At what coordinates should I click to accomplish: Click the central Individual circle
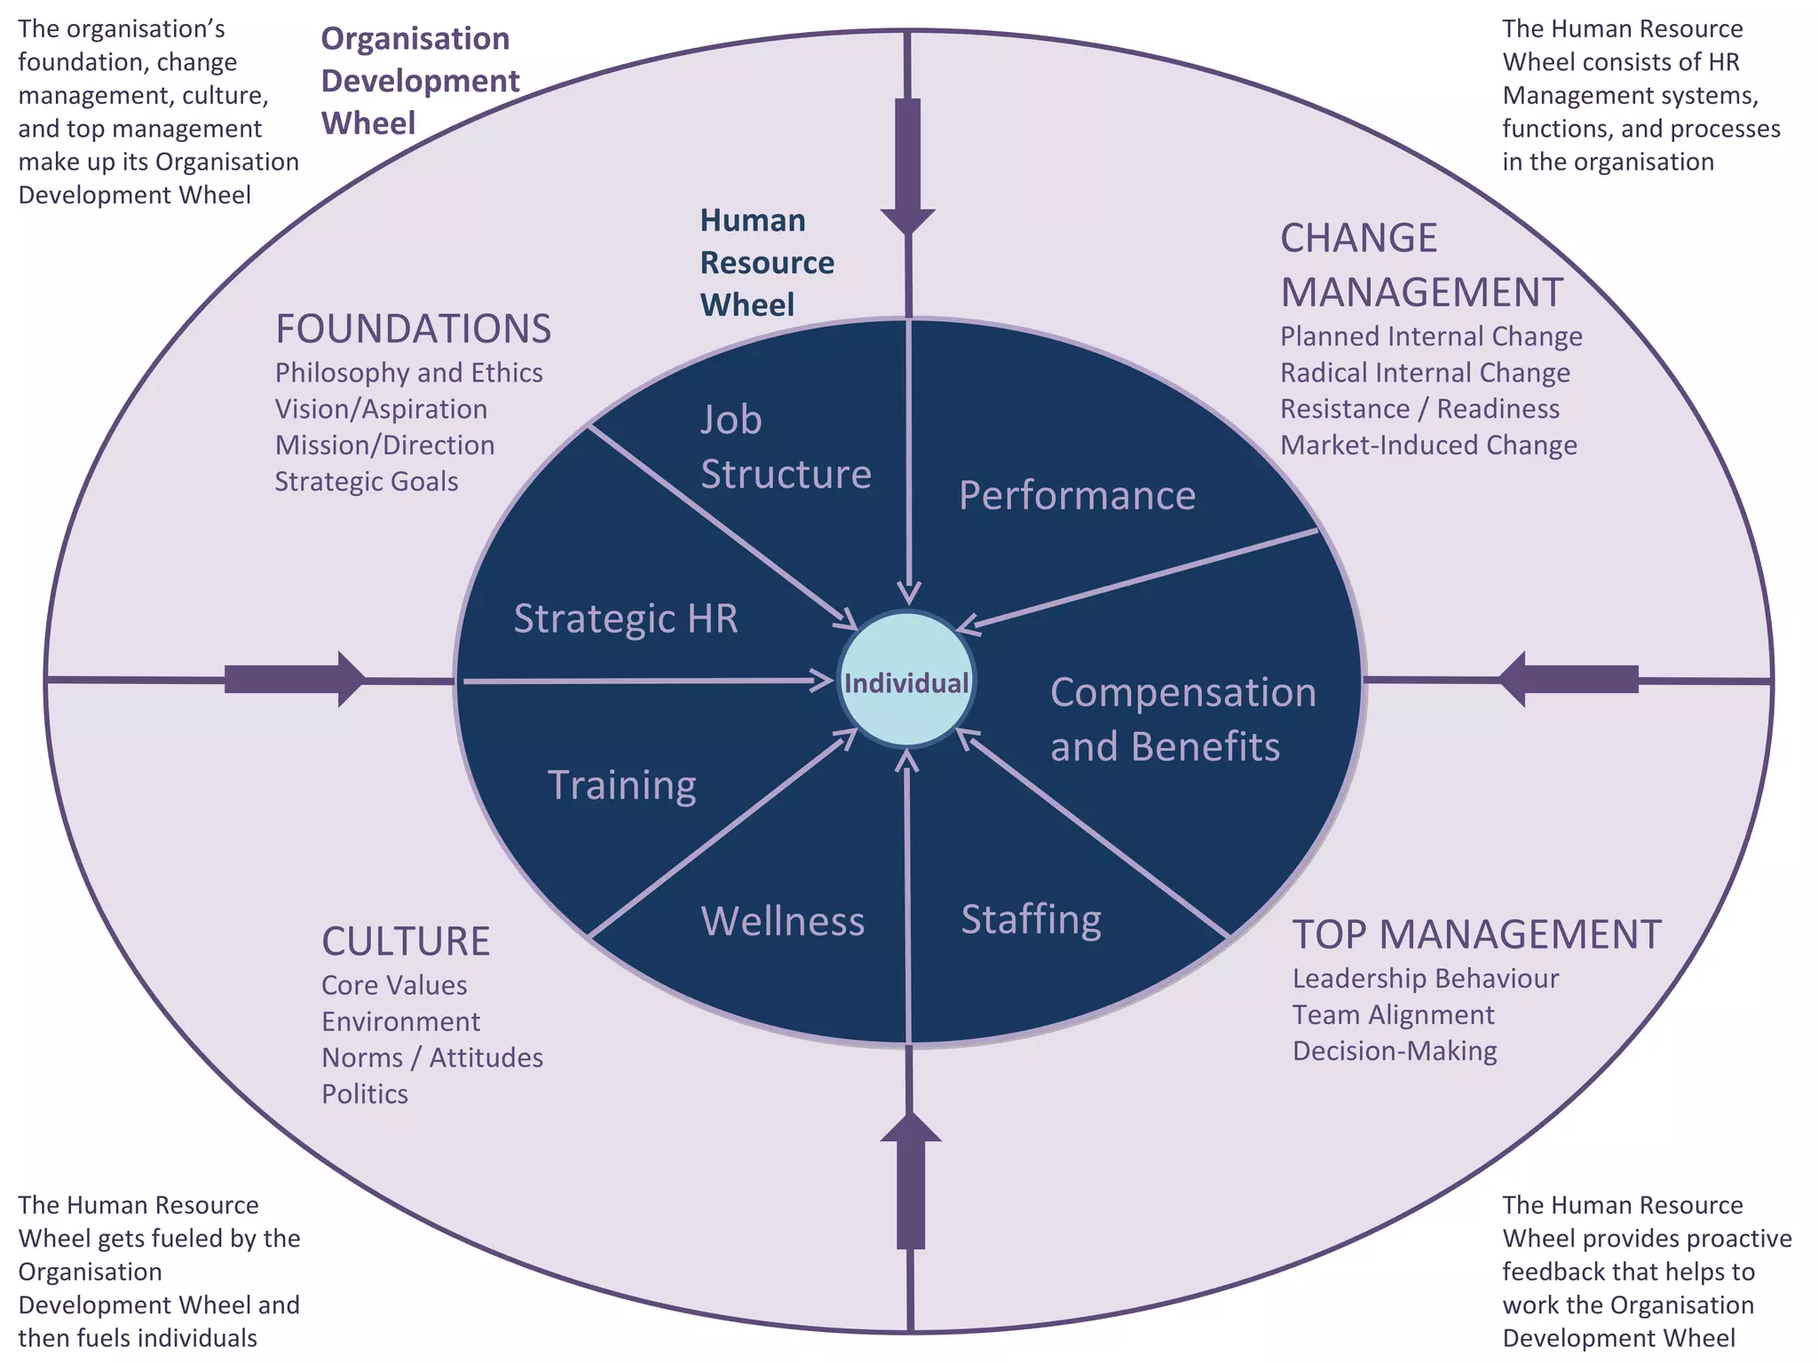(906, 681)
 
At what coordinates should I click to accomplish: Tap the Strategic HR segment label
(626, 618)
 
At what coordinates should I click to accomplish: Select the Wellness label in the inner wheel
(783, 921)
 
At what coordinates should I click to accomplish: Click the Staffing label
(1031, 919)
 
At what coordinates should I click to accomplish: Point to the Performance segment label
(1077, 495)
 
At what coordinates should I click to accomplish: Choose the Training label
(622, 785)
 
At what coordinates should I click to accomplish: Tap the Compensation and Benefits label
(1182, 719)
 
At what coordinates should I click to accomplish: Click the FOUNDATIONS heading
(413, 329)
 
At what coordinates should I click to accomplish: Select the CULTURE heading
(406, 941)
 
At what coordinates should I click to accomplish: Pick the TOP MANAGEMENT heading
(1476, 934)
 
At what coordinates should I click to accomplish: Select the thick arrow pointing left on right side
(1568, 679)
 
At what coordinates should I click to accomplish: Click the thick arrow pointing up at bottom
(910, 1180)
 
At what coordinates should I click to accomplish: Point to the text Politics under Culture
(365, 1094)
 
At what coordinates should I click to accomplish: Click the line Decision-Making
(1394, 1052)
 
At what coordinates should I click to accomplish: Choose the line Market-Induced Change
(1428, 445)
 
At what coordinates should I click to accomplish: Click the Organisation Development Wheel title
(419, 81)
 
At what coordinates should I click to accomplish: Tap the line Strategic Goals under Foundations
(367, 482)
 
